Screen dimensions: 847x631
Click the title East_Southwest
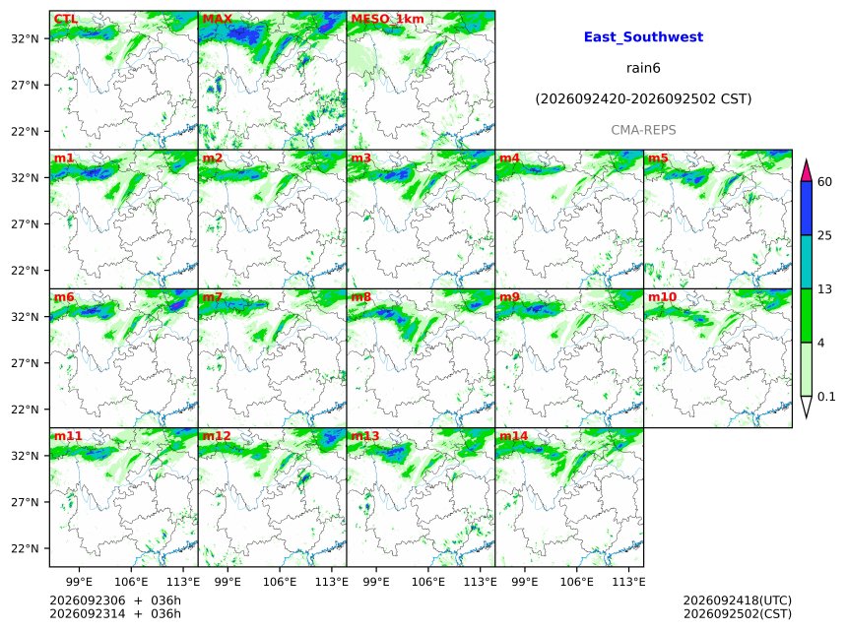pos(643,37)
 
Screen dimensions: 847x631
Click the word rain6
pos(643,68)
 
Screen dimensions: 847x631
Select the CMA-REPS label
pos(643,130)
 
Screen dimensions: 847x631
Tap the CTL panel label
pos(66,19)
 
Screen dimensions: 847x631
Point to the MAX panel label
pos(217,19)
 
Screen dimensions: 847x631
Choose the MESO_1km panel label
pos(387,19)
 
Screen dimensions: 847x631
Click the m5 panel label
pos(658,158)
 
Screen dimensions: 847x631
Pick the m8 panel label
pos(360,297)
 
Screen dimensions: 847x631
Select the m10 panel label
pos(662,297)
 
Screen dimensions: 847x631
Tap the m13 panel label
pos(364,436)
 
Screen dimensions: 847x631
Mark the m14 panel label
pos(513,436)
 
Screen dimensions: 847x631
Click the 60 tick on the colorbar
pos(824,181)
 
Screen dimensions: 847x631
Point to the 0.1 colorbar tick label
pos(826,397)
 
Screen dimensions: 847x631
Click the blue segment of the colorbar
pos(807,209)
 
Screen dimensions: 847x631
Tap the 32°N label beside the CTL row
pos(25,38)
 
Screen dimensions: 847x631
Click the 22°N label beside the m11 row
pos(25,548)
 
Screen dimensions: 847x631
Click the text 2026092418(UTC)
pos(738,600)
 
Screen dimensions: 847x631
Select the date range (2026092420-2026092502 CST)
pos(643,99)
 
